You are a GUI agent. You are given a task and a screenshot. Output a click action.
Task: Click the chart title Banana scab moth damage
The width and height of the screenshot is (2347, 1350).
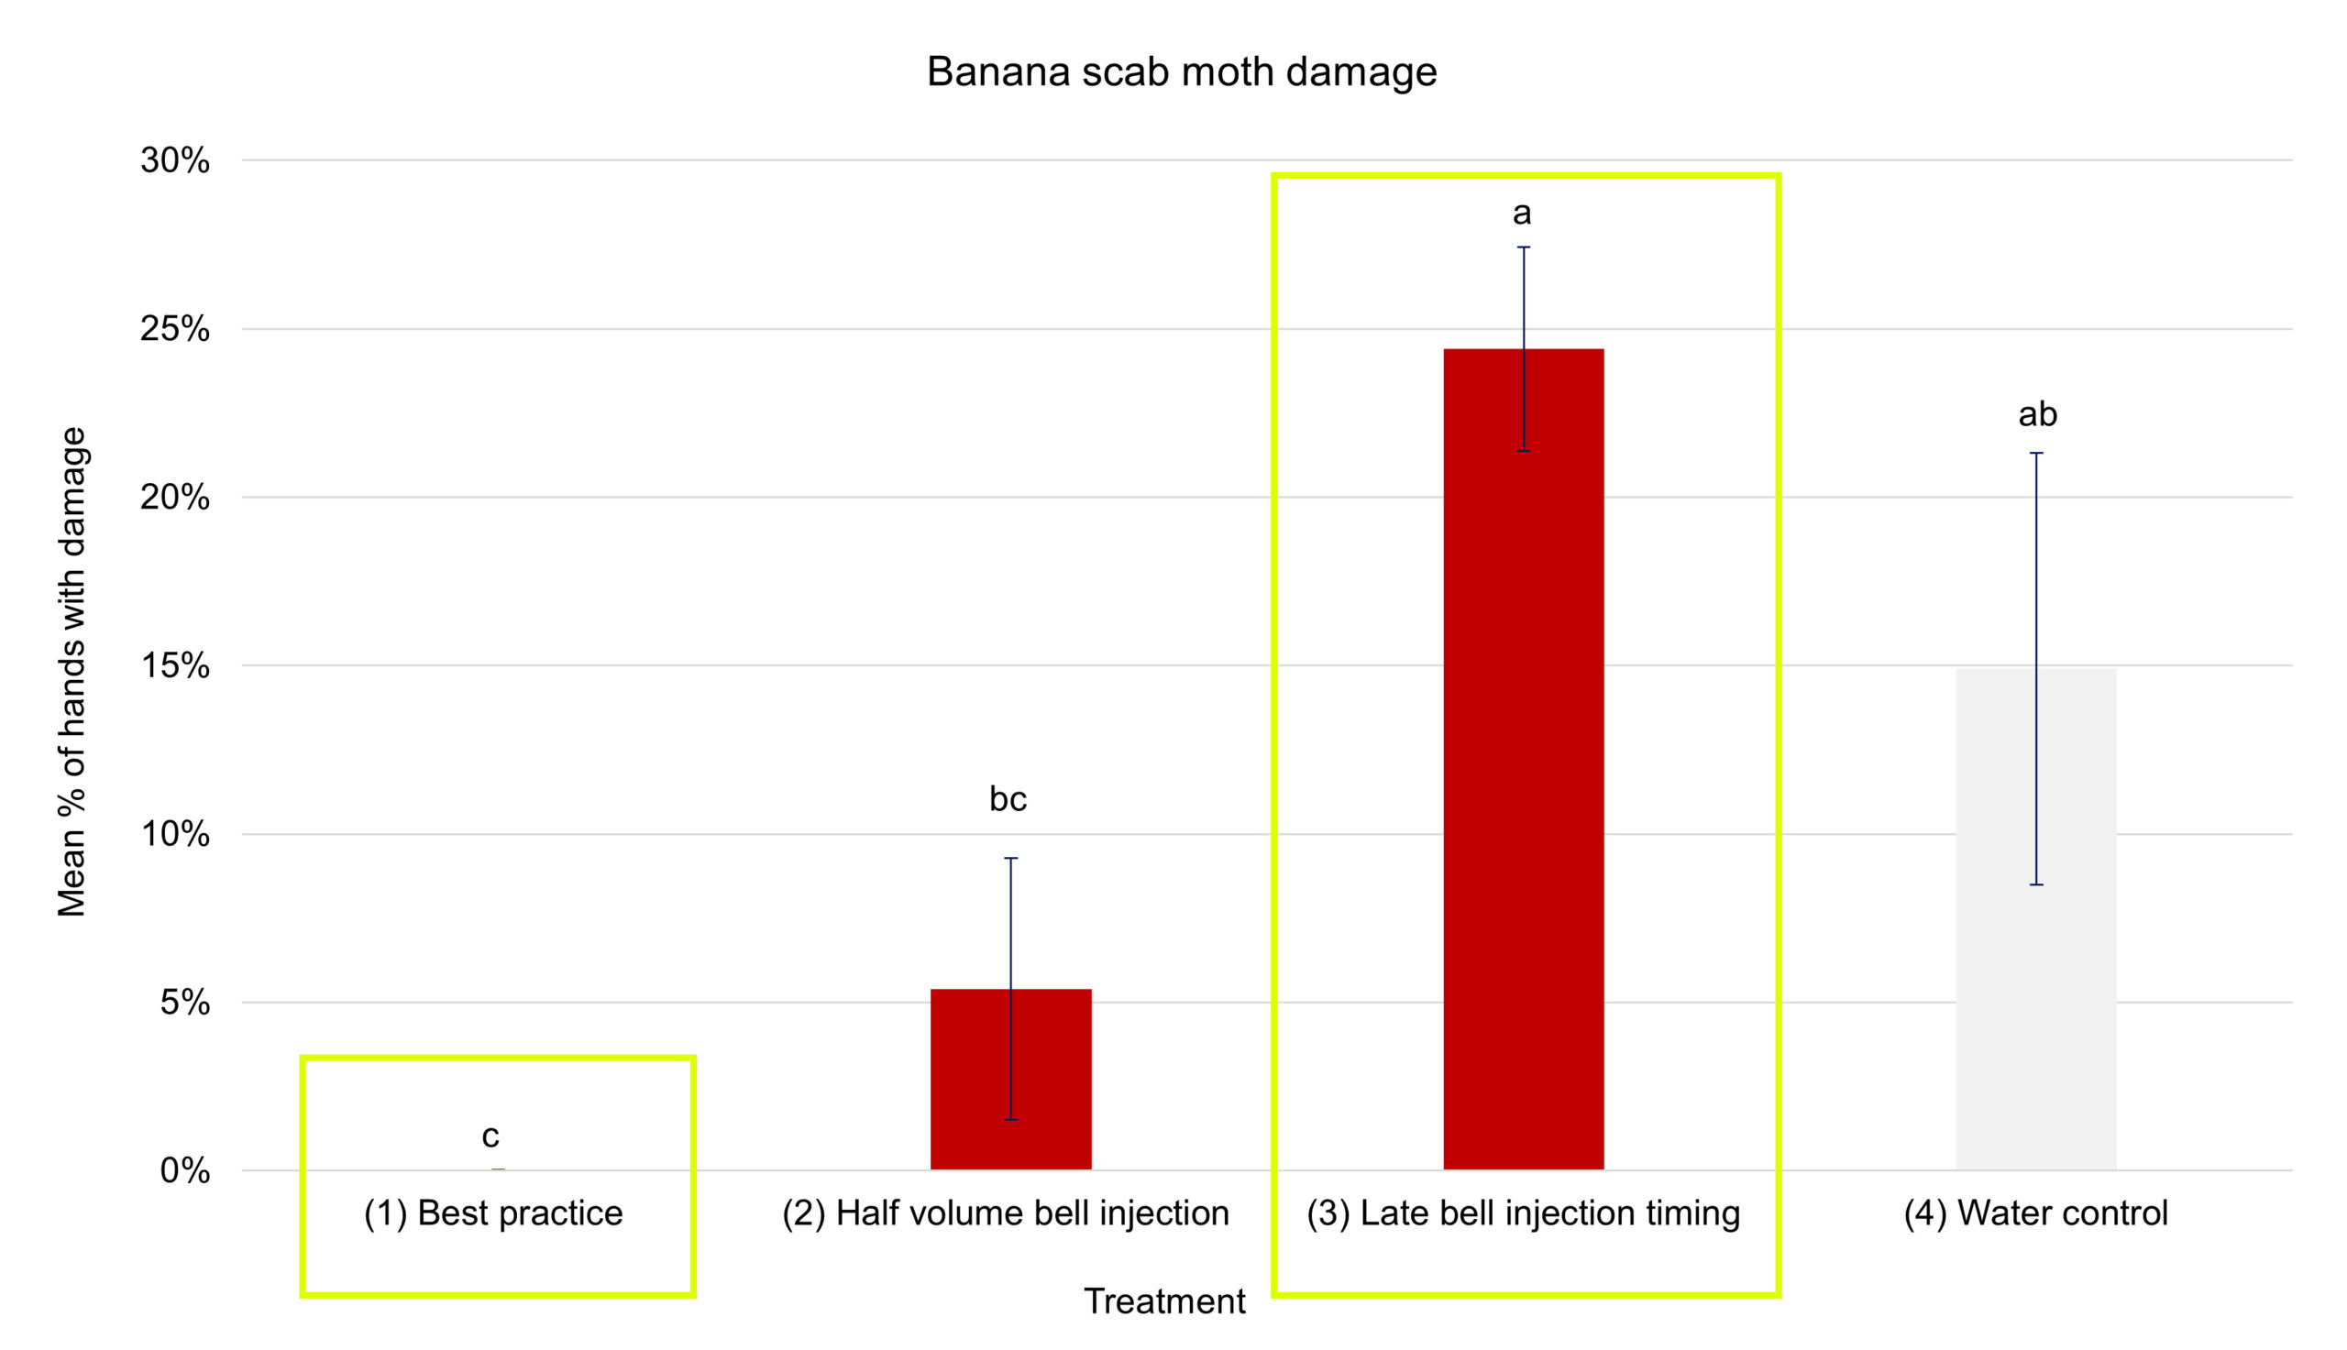click(1182, 72)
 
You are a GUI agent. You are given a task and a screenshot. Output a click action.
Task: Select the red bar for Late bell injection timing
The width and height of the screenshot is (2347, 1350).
click(1524, 760)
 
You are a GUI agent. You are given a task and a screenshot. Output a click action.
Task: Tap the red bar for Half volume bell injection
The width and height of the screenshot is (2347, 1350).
click(1010, 1080)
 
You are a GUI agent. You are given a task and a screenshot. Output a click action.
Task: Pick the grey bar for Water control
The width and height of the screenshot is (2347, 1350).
click(2036, 919)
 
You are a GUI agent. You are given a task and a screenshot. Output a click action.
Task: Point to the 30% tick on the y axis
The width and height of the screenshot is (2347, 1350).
click(175, 160)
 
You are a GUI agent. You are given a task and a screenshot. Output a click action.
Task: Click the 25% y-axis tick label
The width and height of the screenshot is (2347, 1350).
click(175, 329)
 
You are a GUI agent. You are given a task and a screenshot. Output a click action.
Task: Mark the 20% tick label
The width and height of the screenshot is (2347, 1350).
click(175, 498)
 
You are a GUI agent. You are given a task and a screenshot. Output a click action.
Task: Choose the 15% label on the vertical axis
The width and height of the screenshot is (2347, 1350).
click(175, 665)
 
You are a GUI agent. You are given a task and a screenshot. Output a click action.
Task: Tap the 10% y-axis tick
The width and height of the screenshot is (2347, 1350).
click(175, 835)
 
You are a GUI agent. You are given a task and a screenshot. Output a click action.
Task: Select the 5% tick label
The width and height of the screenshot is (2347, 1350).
click(185, 1003)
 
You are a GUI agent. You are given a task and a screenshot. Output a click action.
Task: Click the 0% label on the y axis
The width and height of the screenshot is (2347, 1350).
click(185, 1171)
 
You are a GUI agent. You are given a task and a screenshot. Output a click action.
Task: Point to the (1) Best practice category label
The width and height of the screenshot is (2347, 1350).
click(493, 1213)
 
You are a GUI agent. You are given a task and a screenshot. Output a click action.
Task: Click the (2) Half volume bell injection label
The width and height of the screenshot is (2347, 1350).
click(1006, 1213)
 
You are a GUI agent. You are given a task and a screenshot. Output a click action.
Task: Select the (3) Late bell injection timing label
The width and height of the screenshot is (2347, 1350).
click(1524, 1213)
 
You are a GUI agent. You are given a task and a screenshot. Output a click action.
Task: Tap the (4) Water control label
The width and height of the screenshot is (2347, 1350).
click(2036, 1213)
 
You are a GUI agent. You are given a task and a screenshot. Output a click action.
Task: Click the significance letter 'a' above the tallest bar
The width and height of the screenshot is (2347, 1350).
click(1522, 214)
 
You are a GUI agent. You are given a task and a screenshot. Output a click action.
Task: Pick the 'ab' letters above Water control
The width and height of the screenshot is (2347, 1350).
click(2037, 413)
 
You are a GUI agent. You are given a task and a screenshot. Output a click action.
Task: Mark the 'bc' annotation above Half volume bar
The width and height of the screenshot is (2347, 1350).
click(1008, 798)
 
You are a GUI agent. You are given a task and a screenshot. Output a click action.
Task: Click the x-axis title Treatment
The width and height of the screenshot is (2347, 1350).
click(1164, 1301)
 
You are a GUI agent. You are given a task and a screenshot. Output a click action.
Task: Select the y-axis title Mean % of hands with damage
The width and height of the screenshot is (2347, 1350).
click(72, 672)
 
